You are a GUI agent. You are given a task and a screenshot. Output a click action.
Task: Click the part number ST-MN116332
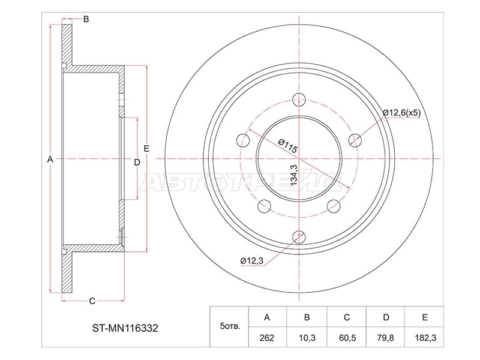click(x=125, y=328)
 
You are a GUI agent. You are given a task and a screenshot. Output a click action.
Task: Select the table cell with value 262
click(x=267, y=338)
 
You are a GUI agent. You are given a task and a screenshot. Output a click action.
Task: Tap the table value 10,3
click(x=307, y=338)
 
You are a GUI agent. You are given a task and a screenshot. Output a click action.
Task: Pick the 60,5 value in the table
click(x=347, y=338)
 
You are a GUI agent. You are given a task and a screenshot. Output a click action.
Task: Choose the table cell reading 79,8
click(x=386, y=338)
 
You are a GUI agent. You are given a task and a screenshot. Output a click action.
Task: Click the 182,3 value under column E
click(x=425, y=338)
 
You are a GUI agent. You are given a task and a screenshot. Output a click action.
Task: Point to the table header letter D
click(x=386, y=317)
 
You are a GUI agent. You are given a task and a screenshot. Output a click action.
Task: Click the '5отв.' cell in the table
click(x=230, y=326)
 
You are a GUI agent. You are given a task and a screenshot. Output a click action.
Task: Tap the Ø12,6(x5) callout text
click(x=401, y=113)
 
